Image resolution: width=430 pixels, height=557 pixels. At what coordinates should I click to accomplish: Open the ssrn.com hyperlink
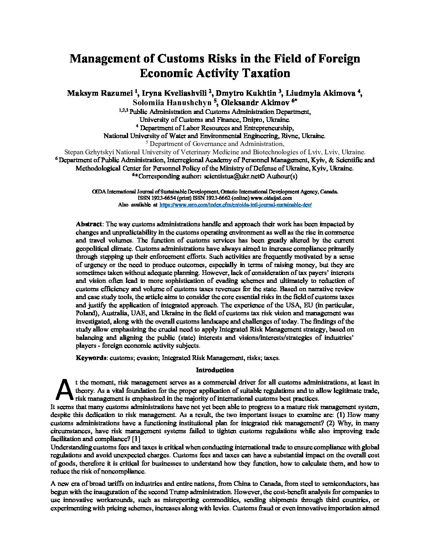235,205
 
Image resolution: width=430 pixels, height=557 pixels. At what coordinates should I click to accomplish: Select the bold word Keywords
91,358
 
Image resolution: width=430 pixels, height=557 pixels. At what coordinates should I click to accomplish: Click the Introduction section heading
215,370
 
